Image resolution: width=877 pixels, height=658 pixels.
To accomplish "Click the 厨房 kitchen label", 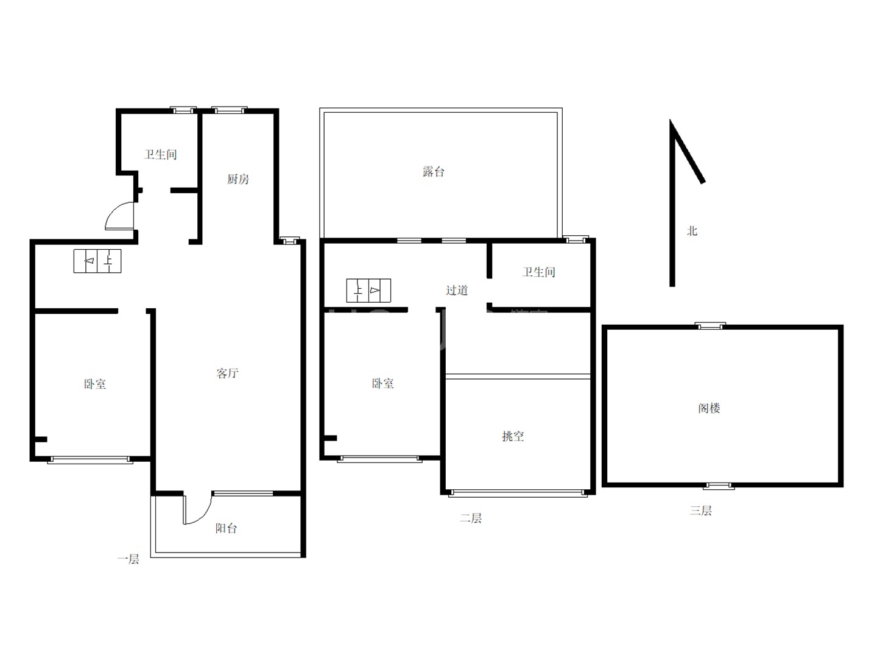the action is [238, 179].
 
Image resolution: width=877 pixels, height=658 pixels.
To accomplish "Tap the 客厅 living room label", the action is [227, 373].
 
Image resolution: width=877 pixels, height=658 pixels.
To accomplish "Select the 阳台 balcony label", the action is [226, 528].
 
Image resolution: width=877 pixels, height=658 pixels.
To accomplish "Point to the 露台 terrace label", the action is [434, 172].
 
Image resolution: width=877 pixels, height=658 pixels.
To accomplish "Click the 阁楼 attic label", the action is [709, 408].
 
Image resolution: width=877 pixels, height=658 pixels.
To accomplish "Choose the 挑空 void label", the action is [513, 436].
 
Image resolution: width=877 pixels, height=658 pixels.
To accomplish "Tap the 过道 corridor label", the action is [457, 290].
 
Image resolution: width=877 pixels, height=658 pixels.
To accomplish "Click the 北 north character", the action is [692, 231].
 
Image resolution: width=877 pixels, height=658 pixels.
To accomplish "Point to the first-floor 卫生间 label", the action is [160, 154].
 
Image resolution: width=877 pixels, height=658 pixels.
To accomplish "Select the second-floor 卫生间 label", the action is [539, 272].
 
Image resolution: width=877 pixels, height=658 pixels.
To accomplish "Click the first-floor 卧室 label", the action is [94, 384].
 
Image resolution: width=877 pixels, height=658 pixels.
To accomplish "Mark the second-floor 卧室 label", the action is [382, 384].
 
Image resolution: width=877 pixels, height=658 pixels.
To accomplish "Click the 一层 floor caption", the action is [129, 559].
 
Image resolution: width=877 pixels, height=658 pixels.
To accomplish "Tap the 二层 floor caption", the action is [471, 518].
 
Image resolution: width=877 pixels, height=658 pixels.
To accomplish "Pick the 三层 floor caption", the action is [701, 510].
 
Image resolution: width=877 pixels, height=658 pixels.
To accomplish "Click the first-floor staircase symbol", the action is [97, 261].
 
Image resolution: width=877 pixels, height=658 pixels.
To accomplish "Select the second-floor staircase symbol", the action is [368, 291].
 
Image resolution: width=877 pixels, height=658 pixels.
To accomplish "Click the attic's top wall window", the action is [710, 326].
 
